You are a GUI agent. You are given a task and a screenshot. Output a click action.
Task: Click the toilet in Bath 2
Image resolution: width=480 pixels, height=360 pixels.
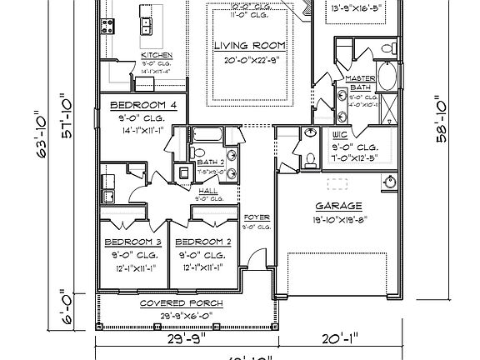pyautogui.click(x=184, y=172)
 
